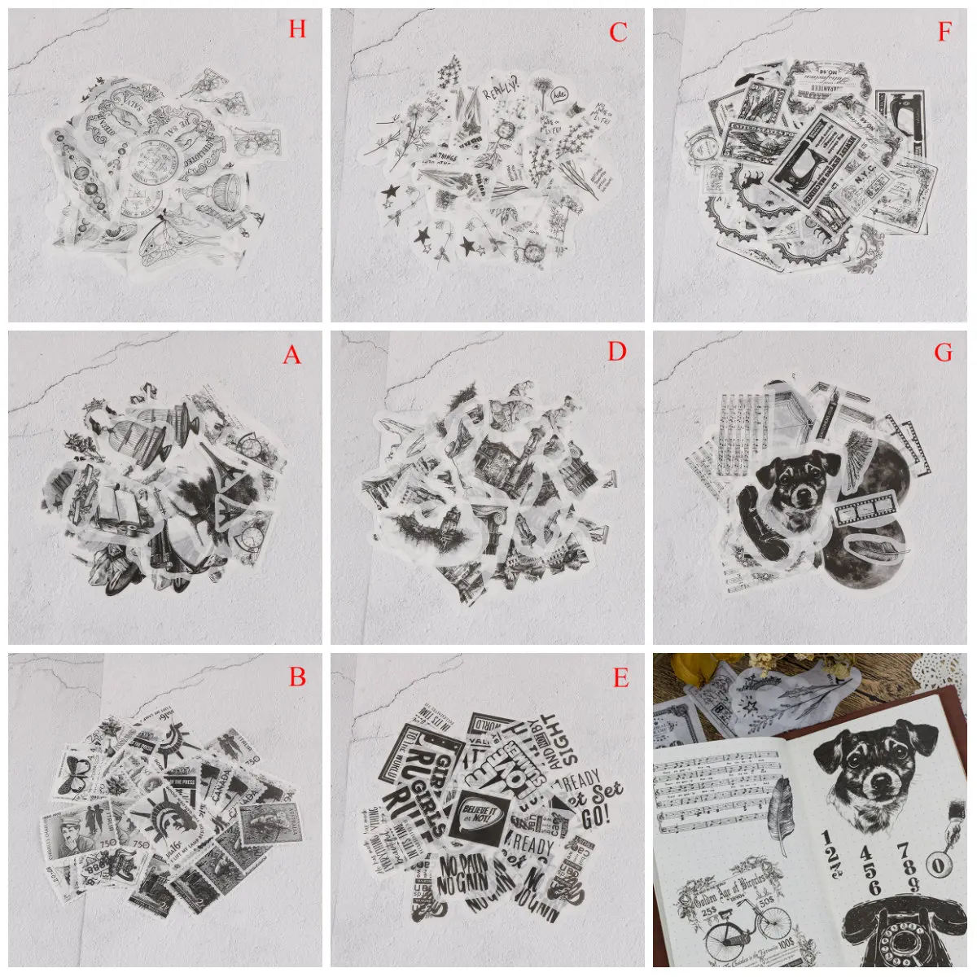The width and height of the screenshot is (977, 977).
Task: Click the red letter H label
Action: [x=297, y=30]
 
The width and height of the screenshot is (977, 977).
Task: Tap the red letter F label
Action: [x=944, y=32]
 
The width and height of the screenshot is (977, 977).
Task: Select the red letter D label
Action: [x=617, y=351]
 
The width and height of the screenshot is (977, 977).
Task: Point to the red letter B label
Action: [x=297, y=677]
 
